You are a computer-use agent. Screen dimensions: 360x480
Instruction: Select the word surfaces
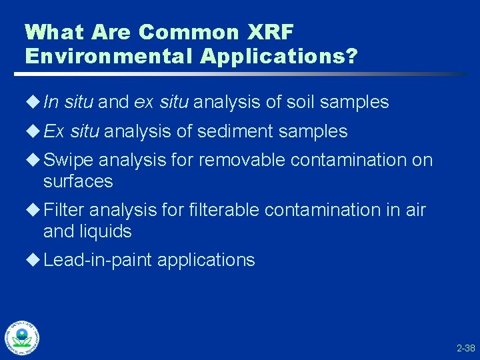pos(78,181)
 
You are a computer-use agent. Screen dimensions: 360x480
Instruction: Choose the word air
pos(415,210)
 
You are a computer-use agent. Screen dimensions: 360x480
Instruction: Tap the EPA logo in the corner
pos(21,338)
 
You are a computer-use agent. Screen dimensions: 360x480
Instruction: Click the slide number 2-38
pos(465,348)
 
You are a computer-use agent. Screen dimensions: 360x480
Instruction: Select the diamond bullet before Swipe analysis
pos(35,161)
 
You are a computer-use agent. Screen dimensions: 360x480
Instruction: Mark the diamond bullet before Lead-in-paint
pos(35,260)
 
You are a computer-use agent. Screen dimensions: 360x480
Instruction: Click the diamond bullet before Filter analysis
pos(35,210)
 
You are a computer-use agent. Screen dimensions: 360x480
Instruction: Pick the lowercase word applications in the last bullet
pos(206,260)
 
